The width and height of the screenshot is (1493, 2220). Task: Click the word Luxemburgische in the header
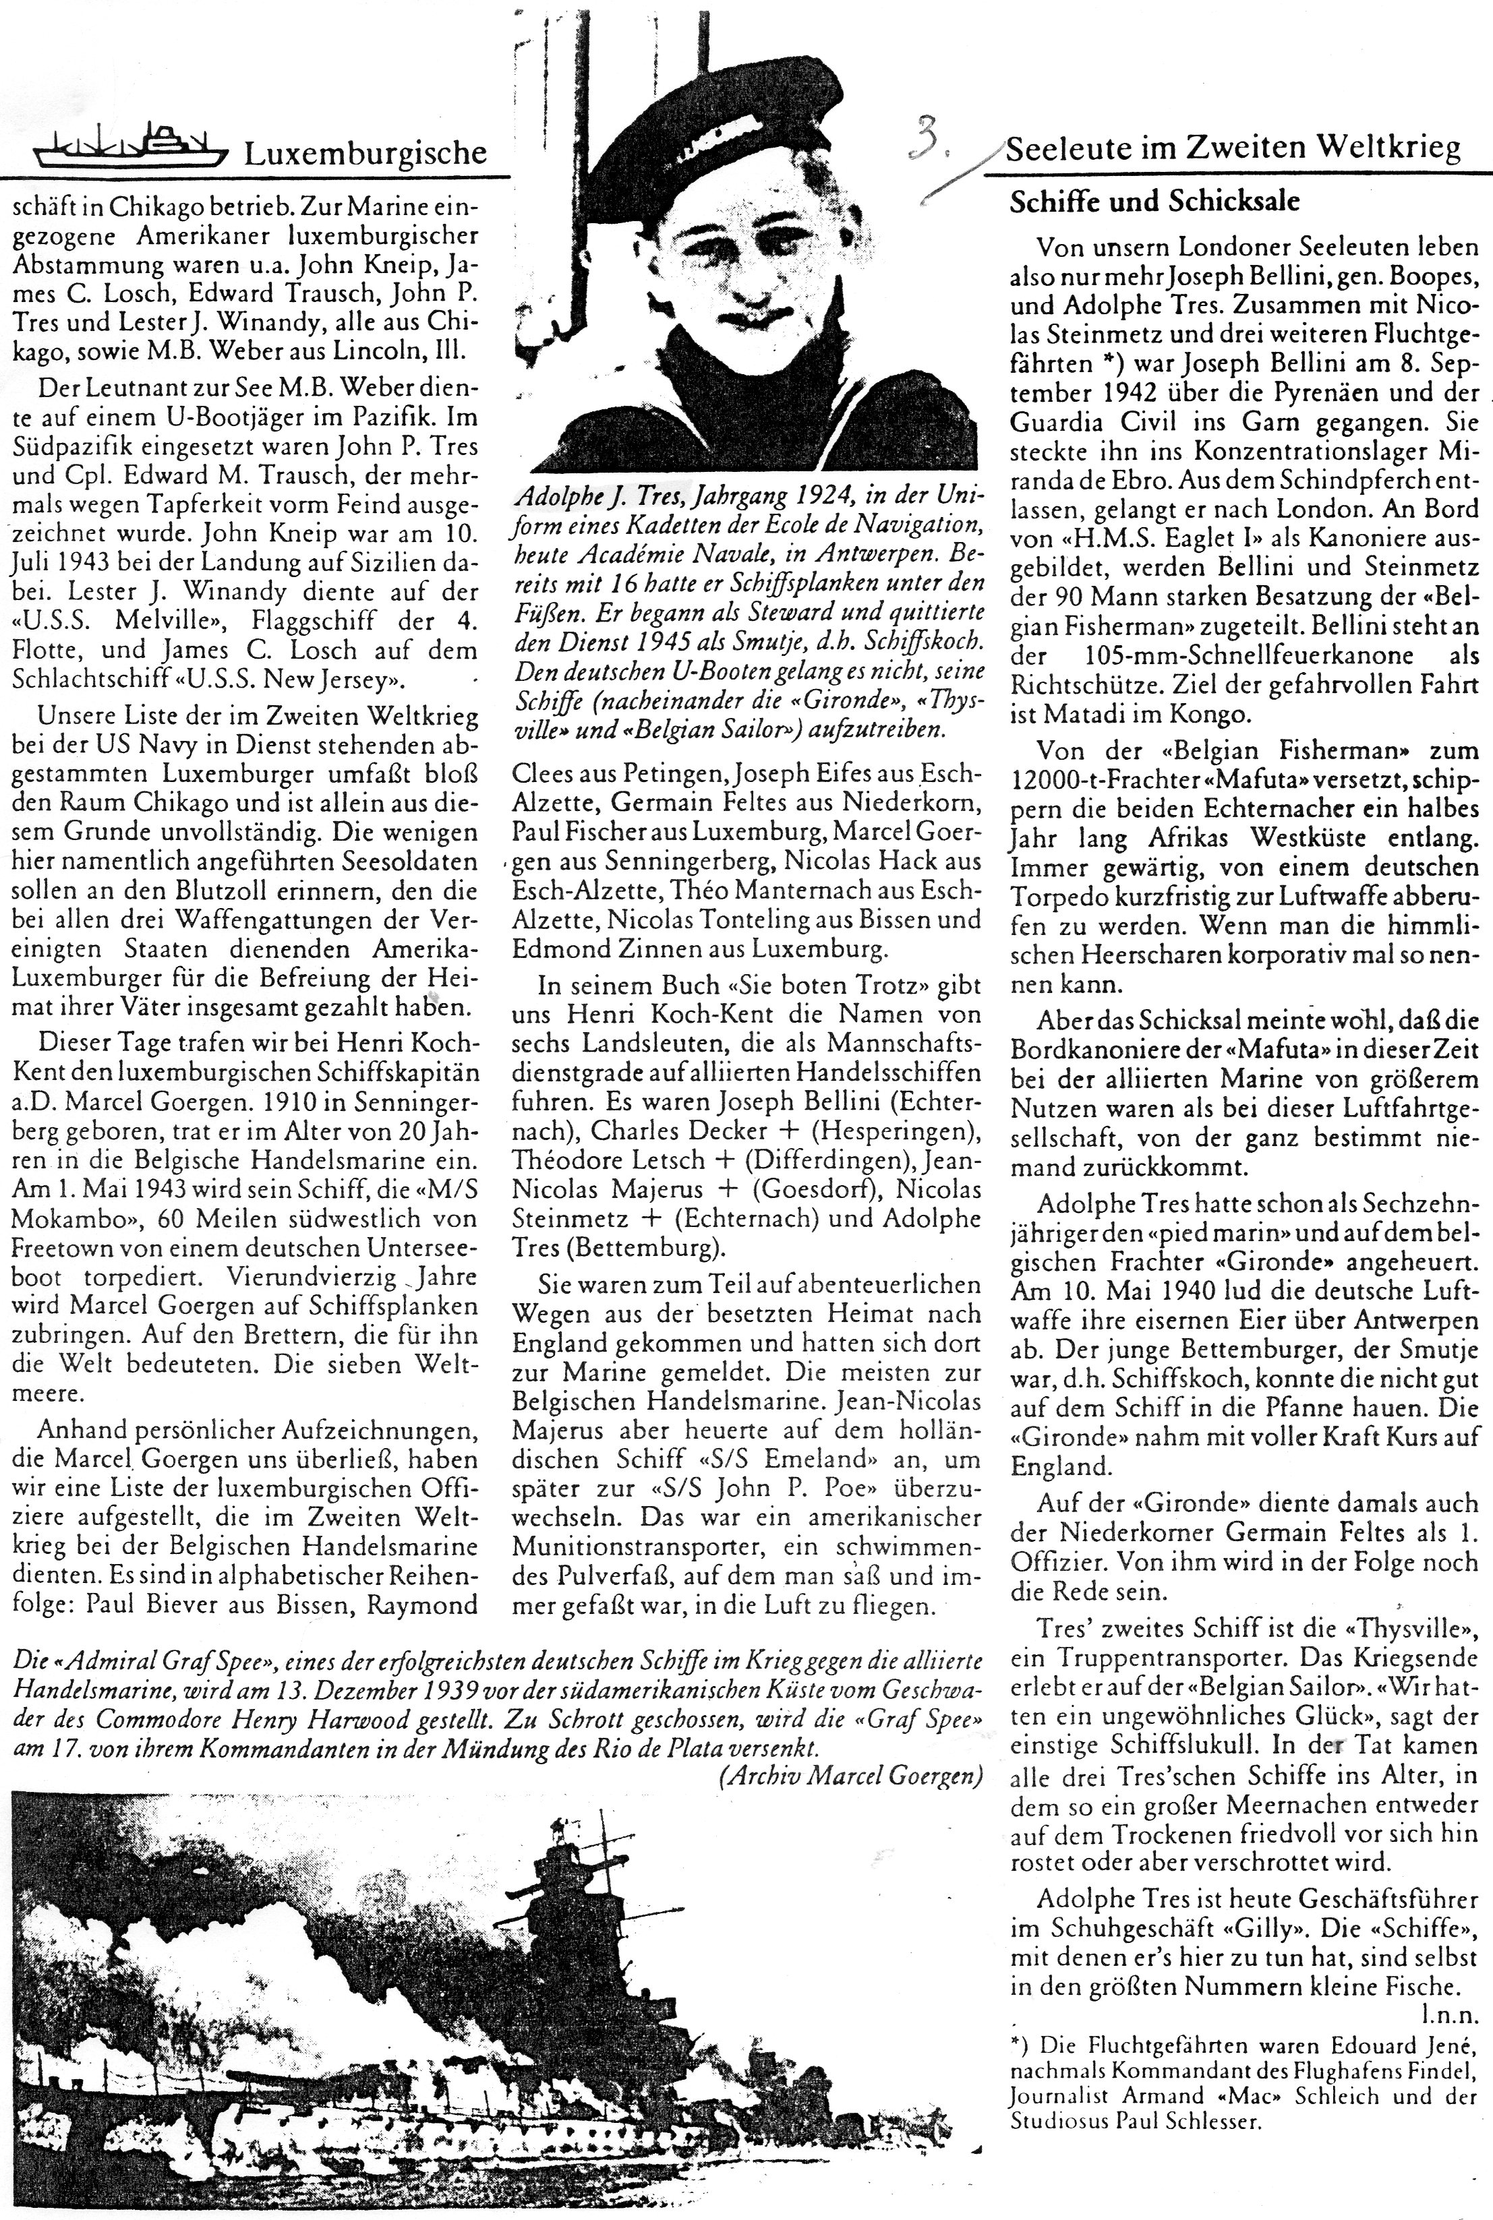click(x=365, y=152)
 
